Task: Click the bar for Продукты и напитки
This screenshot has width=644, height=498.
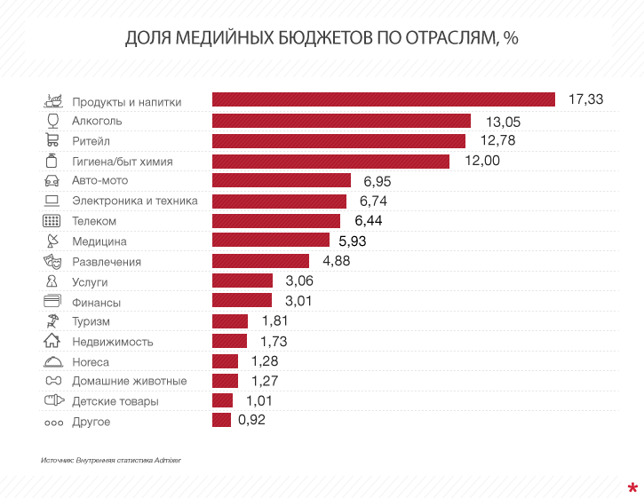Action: click(x=383, y=99)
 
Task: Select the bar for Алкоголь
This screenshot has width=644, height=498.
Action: click(x=341, y=120)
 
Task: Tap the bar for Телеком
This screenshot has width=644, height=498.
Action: click(x=276, y=220)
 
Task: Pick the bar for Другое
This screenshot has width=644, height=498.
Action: click(x=221, y=420)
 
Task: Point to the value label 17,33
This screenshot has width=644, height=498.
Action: click(x=585, y=99)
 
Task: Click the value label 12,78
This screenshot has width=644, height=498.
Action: click(x=497, y=140)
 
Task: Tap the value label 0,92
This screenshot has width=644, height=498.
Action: click(x=252, y=420)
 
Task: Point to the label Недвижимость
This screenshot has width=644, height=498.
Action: click(x=112, y=341)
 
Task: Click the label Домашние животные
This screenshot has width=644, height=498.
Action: click(x=129, y=381)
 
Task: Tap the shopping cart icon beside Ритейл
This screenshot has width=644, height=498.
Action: click(x=52, y=139)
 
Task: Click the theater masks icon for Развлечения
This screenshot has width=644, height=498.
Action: click(x=52, y=261)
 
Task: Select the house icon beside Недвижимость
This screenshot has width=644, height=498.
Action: click(x=52, y=340)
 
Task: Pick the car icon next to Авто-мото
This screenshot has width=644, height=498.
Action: click(x=52, y=180)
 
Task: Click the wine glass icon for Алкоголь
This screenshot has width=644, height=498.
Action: click(x=52, y=120)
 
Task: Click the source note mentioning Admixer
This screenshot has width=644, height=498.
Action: click(x=115, y=461)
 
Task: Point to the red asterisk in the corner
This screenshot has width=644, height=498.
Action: click(x=632, y=486)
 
